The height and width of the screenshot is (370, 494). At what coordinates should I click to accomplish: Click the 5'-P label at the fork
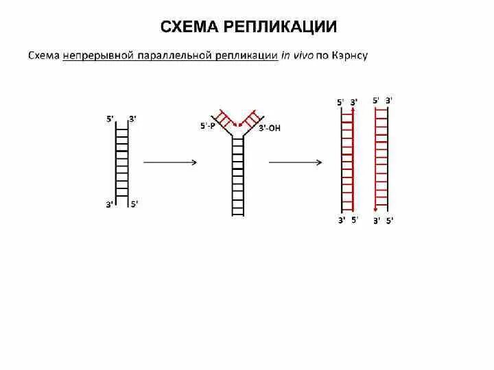[x=208, y=126]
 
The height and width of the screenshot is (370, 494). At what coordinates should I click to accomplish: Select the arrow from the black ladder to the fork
[x=169, y=162]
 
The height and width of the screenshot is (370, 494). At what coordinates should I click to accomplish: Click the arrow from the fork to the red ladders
[x=295, y=162]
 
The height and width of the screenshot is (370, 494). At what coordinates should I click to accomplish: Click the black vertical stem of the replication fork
[x=238, y=175]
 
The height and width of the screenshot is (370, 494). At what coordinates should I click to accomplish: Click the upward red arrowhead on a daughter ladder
[x=353, y=109]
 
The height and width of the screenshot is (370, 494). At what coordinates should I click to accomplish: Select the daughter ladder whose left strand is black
[x=348, y=161]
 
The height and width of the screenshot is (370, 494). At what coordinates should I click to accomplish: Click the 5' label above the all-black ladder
[x=110, y=119]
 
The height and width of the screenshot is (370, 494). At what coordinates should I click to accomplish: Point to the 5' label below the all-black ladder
[x=134, y=203]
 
